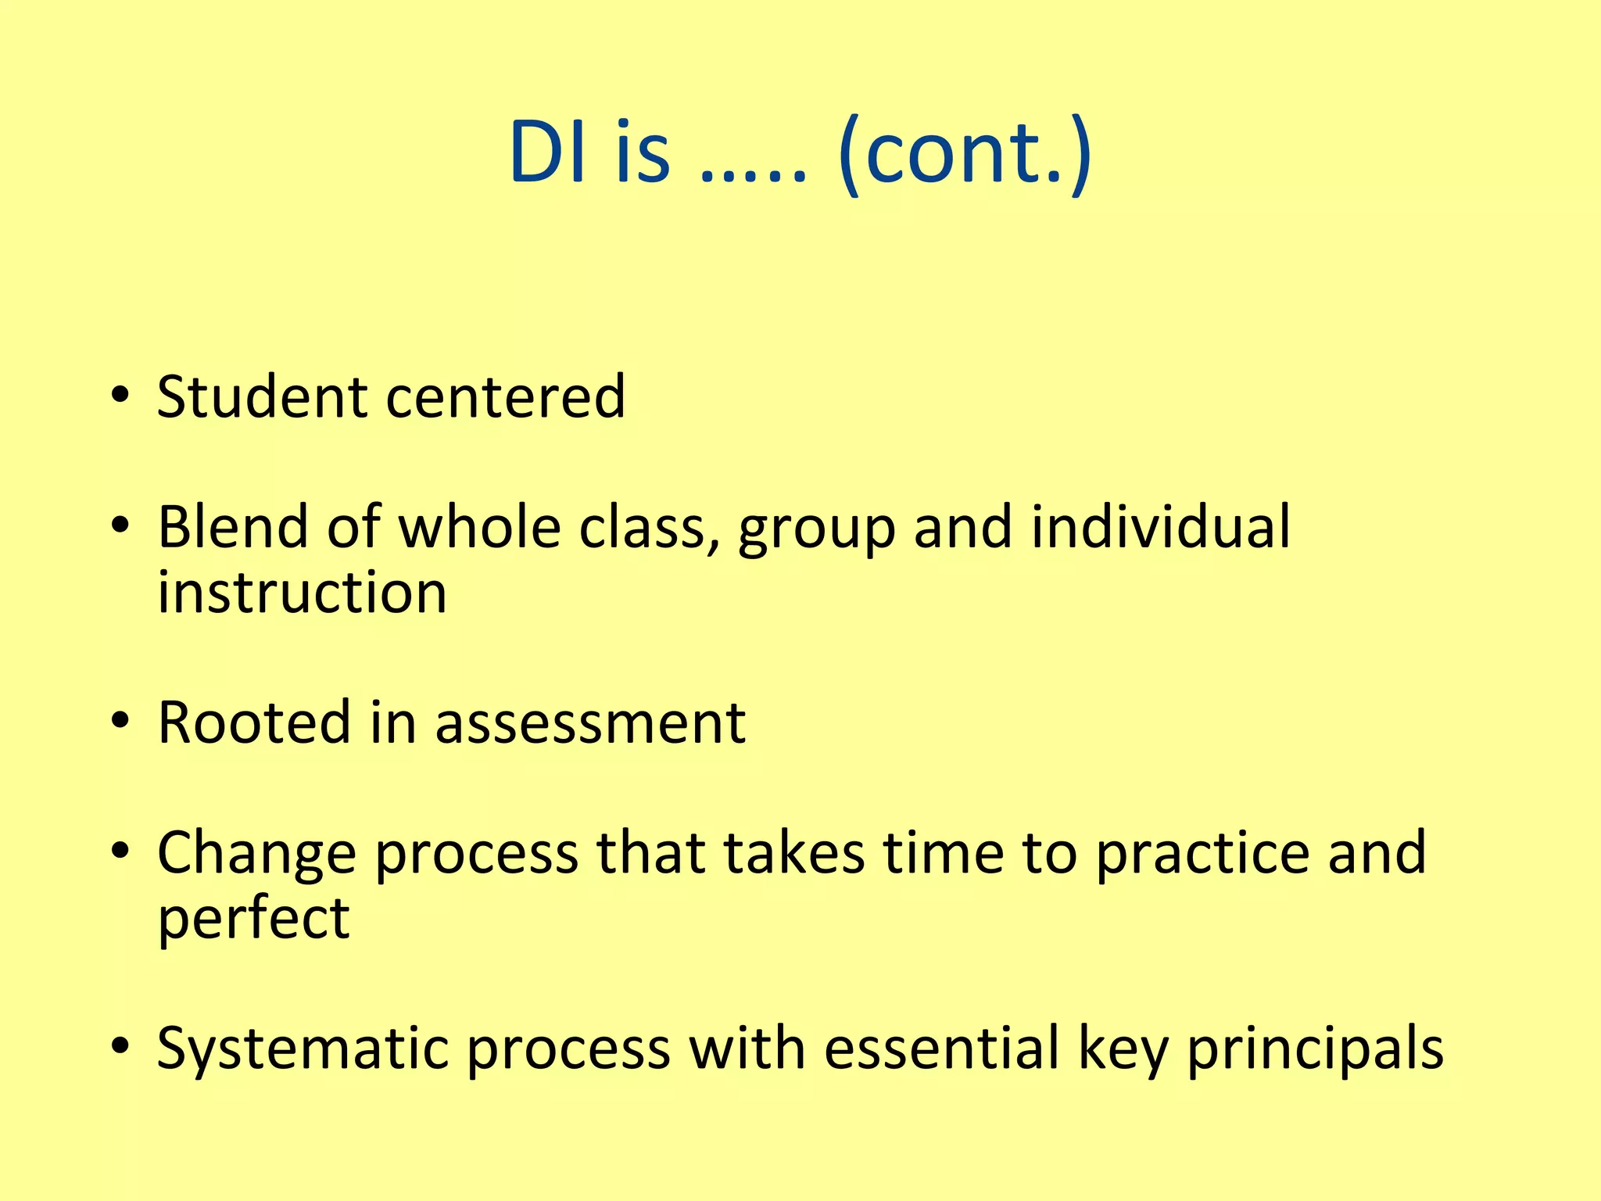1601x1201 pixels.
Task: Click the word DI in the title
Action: [547, 152]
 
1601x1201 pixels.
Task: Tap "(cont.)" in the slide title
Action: [963, 152]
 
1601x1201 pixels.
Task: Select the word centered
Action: [506, 397]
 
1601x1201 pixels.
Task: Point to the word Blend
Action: [232, 527]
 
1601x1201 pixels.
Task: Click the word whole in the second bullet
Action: [480, 527]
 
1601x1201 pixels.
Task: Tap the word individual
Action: [1160, 527]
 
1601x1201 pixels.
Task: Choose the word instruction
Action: [302, 593]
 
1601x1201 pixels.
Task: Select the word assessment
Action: [590, 724]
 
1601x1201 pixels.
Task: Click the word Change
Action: [256, 854]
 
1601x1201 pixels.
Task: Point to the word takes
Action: [794, 852]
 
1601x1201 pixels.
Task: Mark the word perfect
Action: [253, 920]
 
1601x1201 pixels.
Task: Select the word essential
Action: [941, 1048]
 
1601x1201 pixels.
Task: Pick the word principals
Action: [1315, 1049]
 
